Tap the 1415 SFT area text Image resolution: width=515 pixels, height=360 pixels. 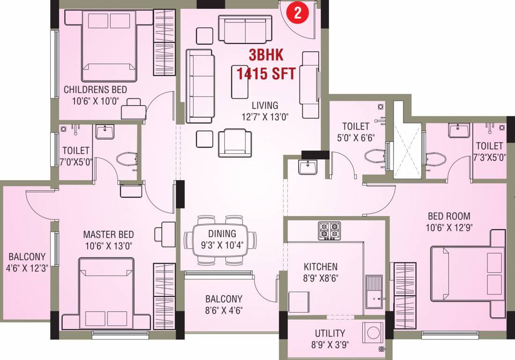pos(266,74)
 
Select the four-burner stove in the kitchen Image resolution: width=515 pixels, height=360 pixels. pos(329,231)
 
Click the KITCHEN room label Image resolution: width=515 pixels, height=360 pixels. pos(320,267)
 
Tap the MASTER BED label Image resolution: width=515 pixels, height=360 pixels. pos(108,234)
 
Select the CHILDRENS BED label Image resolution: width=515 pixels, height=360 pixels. pos(95,89)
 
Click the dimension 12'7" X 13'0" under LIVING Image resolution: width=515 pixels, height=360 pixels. pos(264,117)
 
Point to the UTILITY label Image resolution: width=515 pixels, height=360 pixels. pos(330,333)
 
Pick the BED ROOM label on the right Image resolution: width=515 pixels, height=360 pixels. pos(449,216)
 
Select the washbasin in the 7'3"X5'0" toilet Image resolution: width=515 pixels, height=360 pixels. pos(459,130)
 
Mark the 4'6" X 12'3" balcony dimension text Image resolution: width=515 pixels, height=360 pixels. pos(27,269)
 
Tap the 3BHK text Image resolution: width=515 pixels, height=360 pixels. pos(266,55)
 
